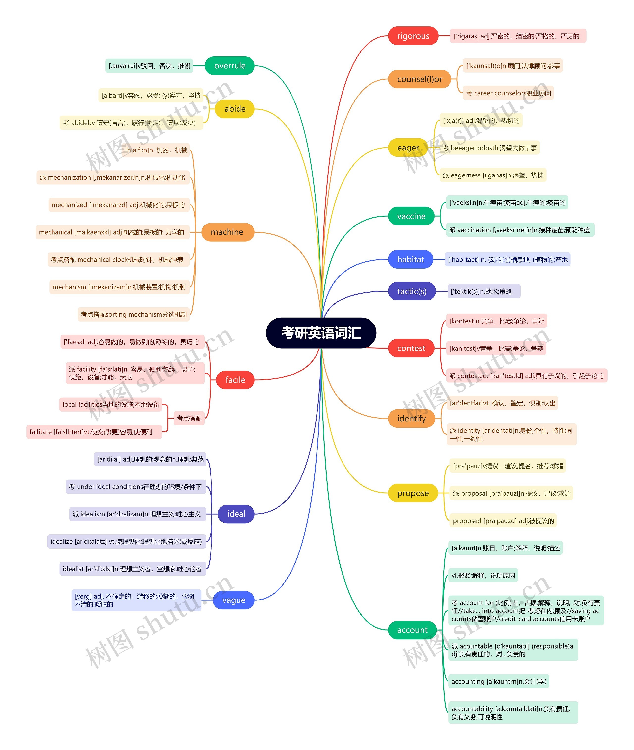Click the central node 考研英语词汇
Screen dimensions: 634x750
coord(321,333)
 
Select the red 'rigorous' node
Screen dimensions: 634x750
coord(413,36)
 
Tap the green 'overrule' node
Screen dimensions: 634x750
coord(230,66)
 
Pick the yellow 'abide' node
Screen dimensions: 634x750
coord(235,109)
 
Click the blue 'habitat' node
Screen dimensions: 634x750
coord(410,259)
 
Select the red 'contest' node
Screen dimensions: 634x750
coord(411,348)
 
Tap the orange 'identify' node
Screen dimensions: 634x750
coord(411,419)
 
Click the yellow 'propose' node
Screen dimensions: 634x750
coord(413,493)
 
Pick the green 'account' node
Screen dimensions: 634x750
coord(412,630)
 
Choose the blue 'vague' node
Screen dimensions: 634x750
coord(234,600)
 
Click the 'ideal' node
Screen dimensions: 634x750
coord(236,514)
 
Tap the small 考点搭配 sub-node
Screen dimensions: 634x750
coord(189,418)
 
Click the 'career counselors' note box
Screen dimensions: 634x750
coord(508,93)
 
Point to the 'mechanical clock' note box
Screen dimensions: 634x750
coord(117,260)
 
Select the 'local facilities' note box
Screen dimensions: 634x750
coord(111,404)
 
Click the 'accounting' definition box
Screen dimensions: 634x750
coord(499,681)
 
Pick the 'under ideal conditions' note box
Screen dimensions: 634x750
coord(135,487)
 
